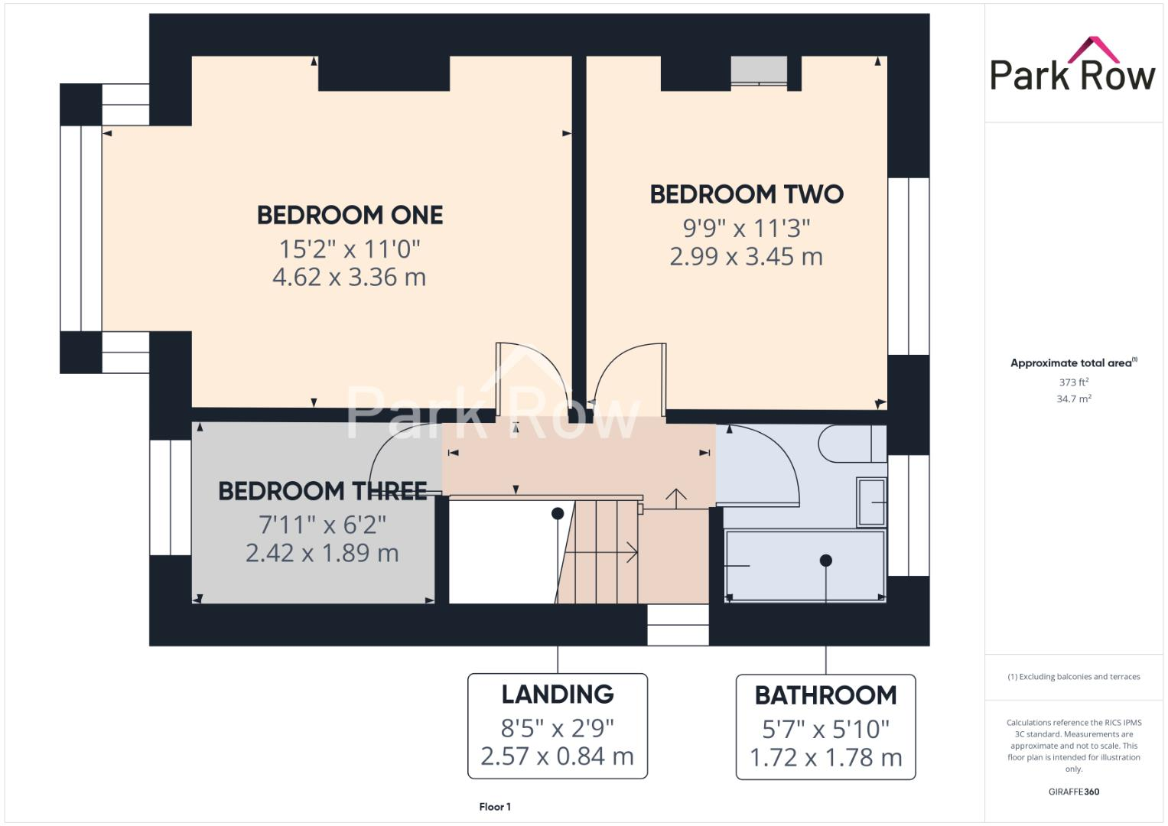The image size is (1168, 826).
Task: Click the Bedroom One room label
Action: pyautogui.click(x=350, y=215)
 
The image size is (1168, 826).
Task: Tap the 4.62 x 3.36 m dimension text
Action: pyautogui.click(x=350, y=277)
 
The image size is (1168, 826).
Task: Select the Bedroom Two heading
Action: pyautogui.click(x=747, y=194)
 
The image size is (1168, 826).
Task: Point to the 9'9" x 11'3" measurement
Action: pyautogui.click(x=747, y=228)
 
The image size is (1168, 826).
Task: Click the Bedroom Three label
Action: pyautogui.click(x=322, y=491)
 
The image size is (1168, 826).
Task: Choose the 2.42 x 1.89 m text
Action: pyautogui.click(x=322, y=553)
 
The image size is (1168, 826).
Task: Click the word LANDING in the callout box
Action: pyautogui.click(x=558, y=694)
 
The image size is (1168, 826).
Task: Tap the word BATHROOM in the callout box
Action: pyautogui.click(x=825, y=695)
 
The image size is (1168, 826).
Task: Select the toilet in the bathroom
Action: pyautogui.click(x=851, y=444)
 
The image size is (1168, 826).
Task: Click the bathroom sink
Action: pyautogui.click(x=871, y=502)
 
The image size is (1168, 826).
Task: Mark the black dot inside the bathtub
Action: pyautogui.click(x=825, y=561)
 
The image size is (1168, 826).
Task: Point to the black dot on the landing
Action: pyautogui.click(x=558, y=513)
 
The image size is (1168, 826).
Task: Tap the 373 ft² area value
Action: pyautogui.click(x=1073, y=382)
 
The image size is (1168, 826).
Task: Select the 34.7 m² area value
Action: pyautogui.click(x=1073, y=398)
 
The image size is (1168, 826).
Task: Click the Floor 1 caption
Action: pyautogui.click(x=495, y=807)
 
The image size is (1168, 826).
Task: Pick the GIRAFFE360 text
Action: pyautogui.click(x=1073, y=792)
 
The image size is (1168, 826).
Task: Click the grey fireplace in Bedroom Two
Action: pyautogui.click(x=758, y=70)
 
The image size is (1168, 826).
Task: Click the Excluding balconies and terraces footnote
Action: pyautogui.click(x=1073, y=677)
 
